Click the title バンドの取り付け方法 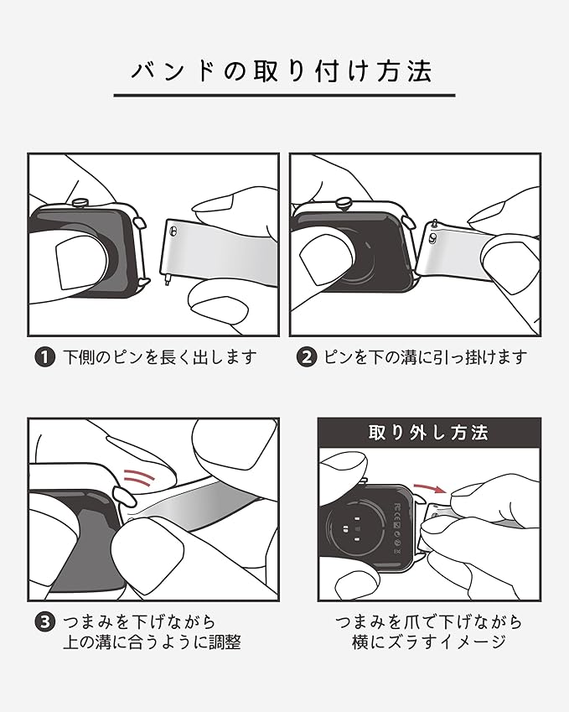point(282,71)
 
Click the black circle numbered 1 point(44,357)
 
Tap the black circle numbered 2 point(306,357)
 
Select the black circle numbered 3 point(44,621)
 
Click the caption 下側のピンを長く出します point(160,357)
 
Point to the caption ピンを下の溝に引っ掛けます point(426,357)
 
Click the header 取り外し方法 point(428,432)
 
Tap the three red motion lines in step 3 point(139,476)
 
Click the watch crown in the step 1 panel point(80,201)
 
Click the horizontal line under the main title point(284,96)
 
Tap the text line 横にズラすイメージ point(429,642)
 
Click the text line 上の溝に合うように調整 point(152,642)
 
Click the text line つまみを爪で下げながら point(429,621)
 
